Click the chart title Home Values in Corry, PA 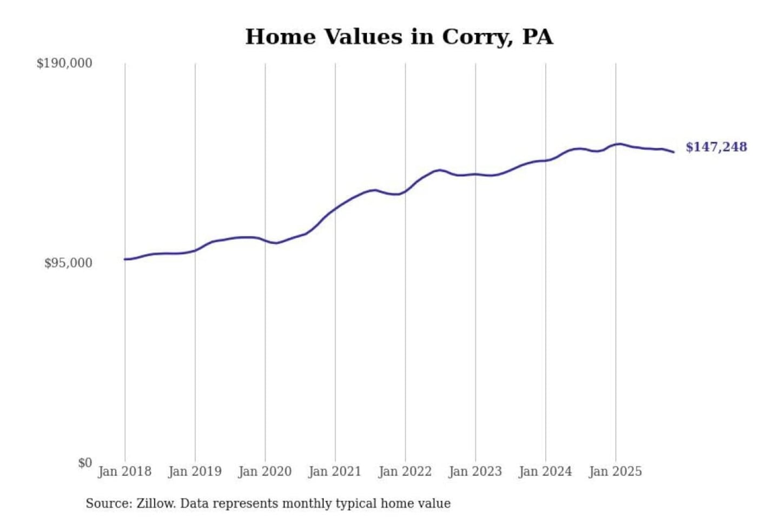399,37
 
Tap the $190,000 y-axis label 64,63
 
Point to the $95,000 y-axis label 68,263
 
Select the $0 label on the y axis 85,463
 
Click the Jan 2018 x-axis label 124,471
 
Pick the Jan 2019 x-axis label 195,471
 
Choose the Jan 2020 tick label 265,471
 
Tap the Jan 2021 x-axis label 334,471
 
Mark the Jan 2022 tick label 405,471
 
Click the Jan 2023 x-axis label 475,471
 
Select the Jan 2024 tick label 545,471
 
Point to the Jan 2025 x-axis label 615,471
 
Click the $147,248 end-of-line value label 716,147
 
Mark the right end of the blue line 674,152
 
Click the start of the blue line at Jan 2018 125,259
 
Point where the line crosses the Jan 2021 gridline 335,208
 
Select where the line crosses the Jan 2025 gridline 616,144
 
